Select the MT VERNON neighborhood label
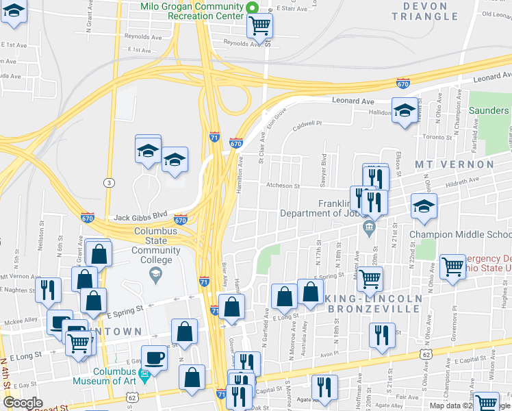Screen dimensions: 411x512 pyautogui.click(x=454, y=164)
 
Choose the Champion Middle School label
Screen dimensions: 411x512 pyautogui.click(x=460, y=234)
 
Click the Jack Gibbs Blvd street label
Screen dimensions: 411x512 pyautogui.click(x=140, y=214)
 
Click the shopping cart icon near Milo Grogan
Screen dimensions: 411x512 pyautogui.click(x=259, y=26)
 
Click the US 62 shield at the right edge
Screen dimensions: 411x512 pyautogui.click(x=426, y=355)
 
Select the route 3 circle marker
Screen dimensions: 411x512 pyautogui.click(x=108, y=182)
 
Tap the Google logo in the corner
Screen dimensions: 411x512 pyautogui.click(x=23, y=403)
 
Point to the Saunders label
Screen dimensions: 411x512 pyautogui.click(x=489, y=110)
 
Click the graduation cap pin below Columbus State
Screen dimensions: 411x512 pyautogui.click(x=155, y=275)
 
